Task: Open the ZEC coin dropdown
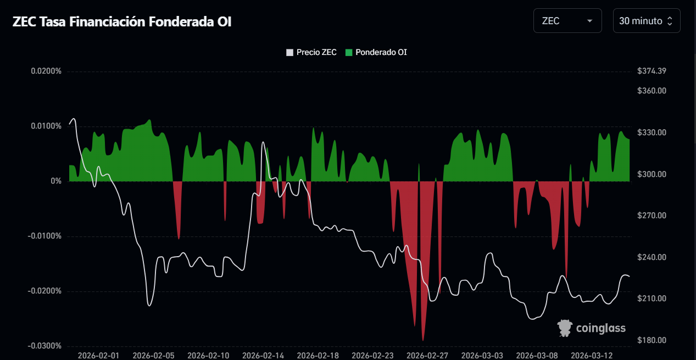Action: tap(567, 21)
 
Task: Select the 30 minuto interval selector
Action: tap(646, 21)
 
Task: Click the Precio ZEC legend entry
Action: tap(311, 53)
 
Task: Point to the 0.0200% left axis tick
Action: tap(46, 71)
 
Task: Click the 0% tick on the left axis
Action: tap(56, 181)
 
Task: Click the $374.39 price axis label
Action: tap(652, 71)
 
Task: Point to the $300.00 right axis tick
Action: tap(652, 174)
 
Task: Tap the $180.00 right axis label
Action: tap(652, 340)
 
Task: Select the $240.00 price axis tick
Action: tap(652, 257)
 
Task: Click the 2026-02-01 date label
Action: tap(98, 356)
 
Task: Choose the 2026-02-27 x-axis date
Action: tap(427, 356)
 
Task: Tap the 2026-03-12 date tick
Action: tap(592, 356)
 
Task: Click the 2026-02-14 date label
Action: tap(263, 356)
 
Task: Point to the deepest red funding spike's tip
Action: tap(422, 341)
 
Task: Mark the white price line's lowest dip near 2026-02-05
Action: tap(149, 306)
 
